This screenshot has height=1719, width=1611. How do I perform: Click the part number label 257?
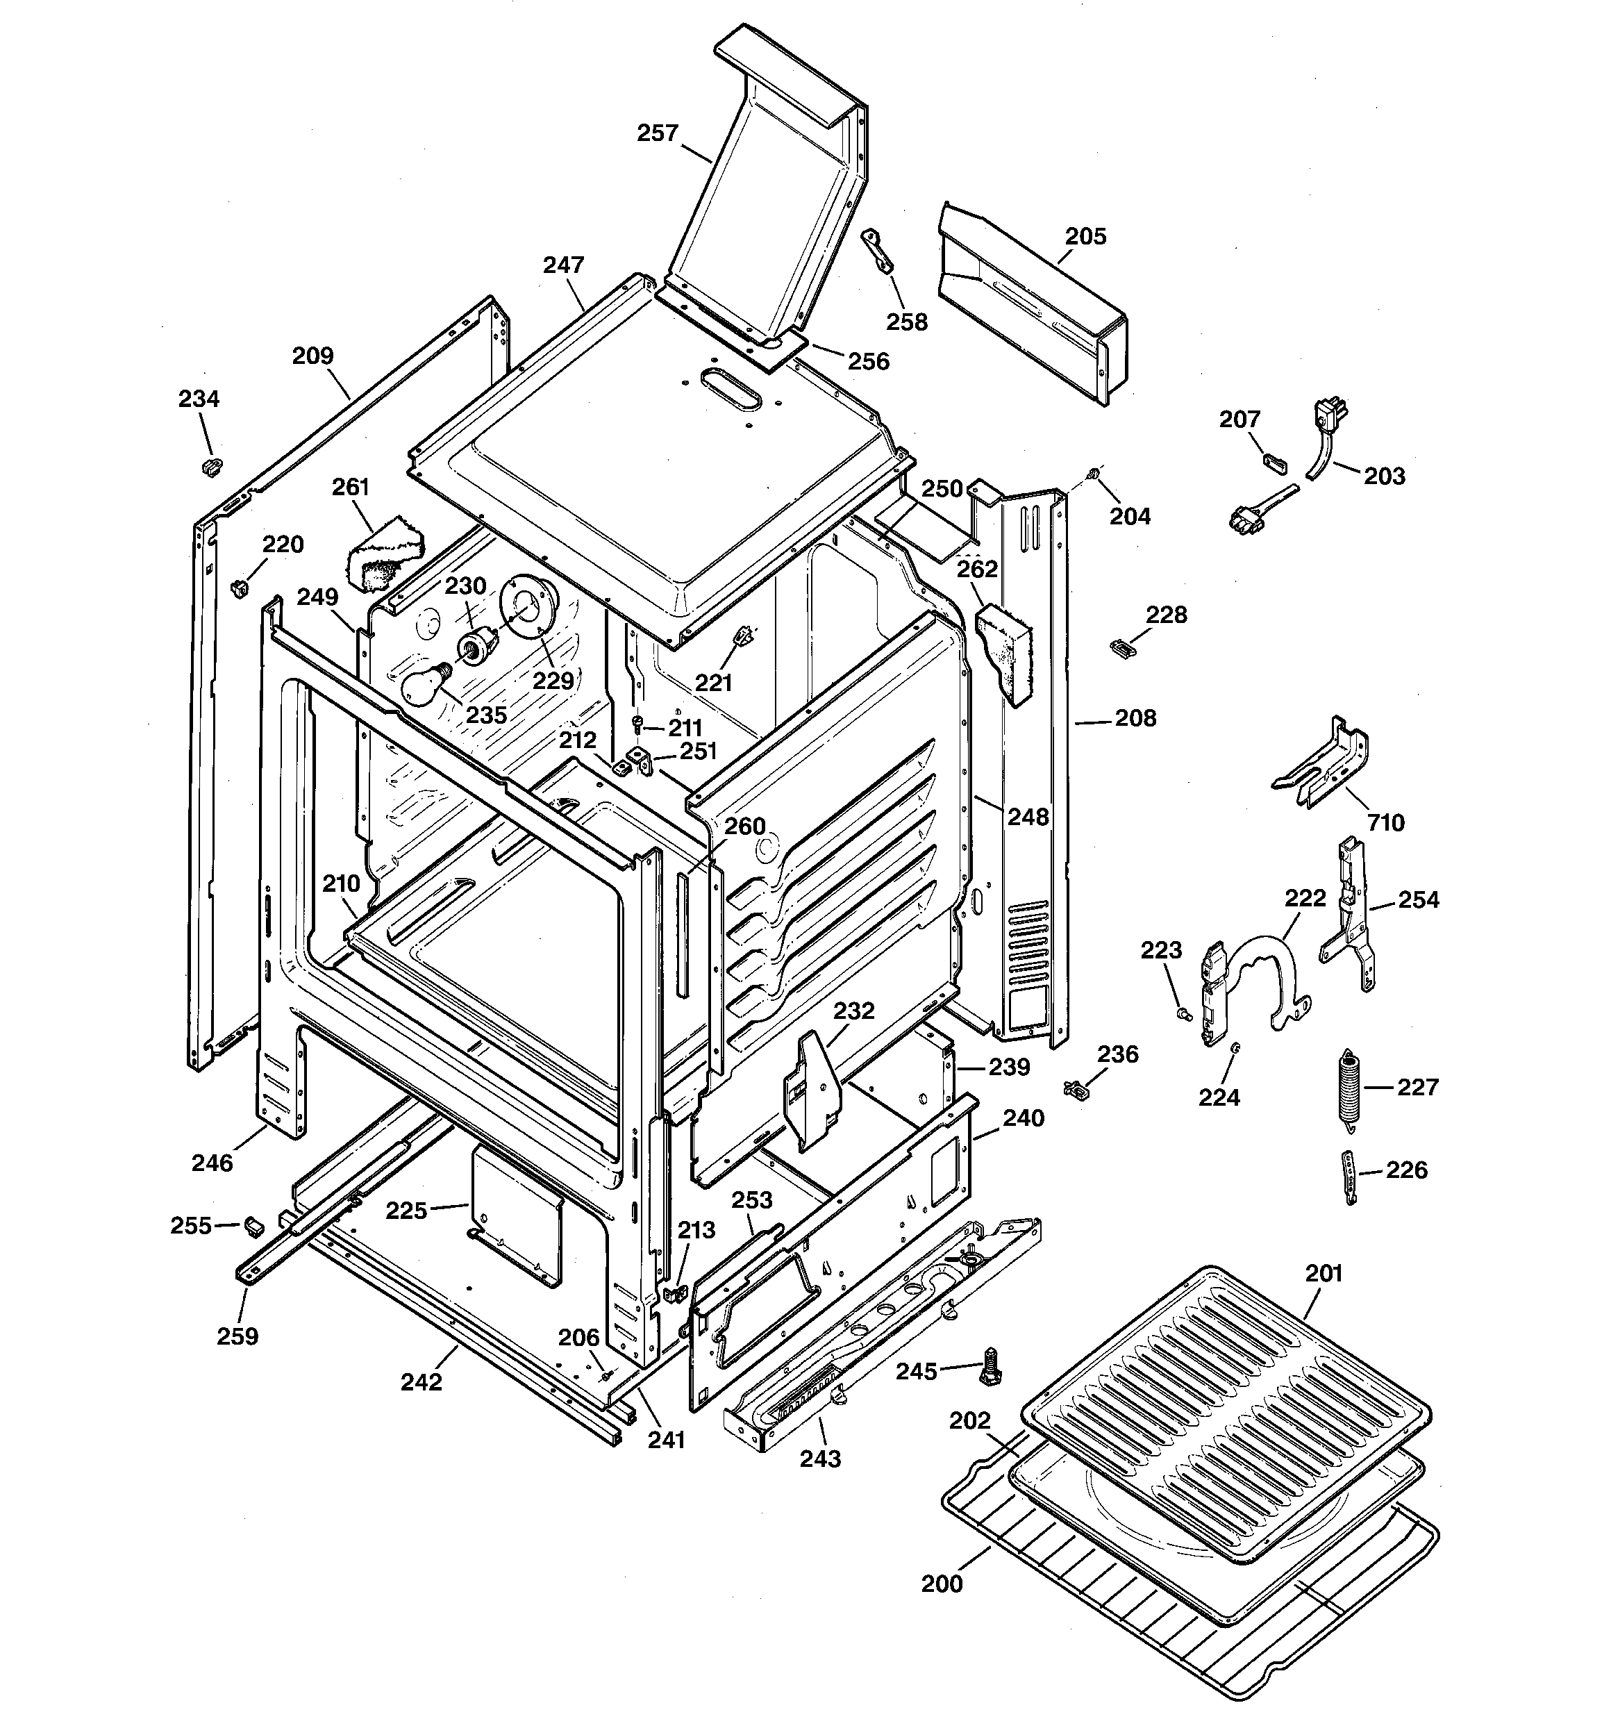tap(657, 133)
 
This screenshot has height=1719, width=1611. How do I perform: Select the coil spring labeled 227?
tap(1347, 1087)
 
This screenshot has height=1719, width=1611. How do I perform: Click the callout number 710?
tap(1385, 822)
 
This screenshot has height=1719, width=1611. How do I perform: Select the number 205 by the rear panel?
tap(1085, 236)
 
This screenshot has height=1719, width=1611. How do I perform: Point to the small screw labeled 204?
tap(1094, 473)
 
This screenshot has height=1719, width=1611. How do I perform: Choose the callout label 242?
tap(421, 1381)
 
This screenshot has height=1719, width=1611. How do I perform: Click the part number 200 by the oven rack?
tap(941, 1584)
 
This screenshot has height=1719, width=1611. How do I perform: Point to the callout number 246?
tap(212, 1163)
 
